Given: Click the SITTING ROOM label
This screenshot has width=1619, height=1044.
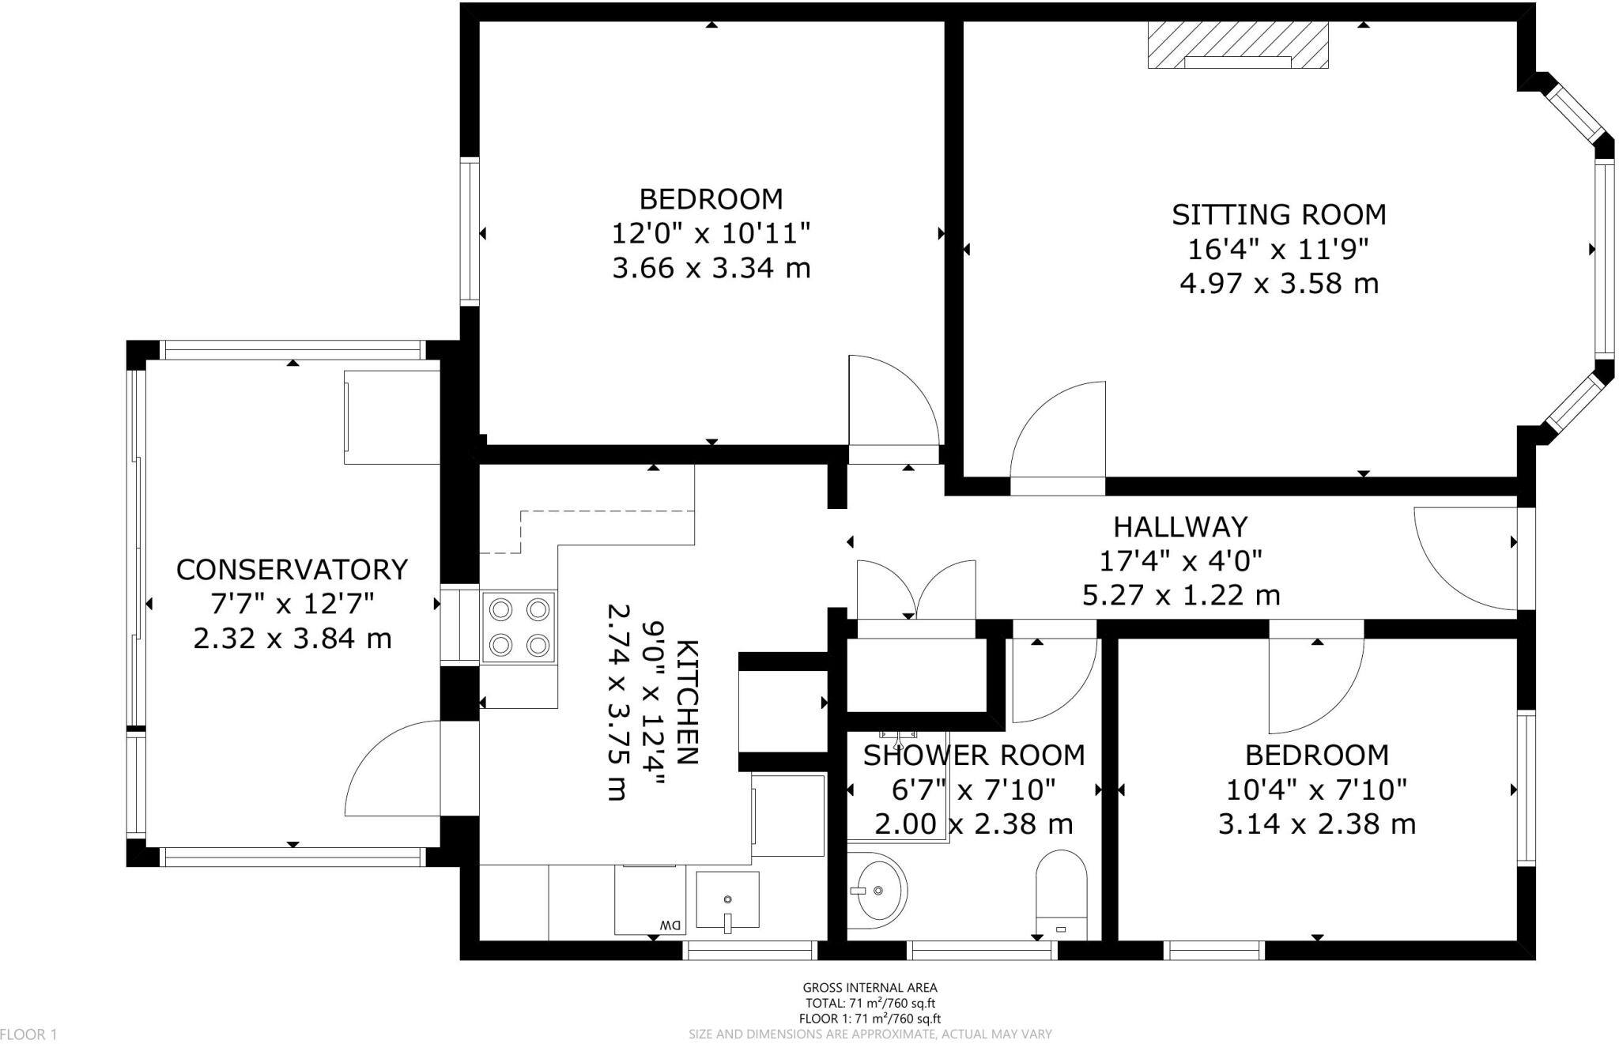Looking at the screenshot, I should tap(1278, 215).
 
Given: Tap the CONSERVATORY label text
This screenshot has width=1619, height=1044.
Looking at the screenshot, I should tap(292, 570).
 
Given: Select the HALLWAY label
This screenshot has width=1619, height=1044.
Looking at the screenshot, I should tap(1180, 526).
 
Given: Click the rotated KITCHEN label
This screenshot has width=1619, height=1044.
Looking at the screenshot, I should tap(687, 703).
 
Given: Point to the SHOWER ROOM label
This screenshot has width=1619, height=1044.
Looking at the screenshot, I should tap(973, 756).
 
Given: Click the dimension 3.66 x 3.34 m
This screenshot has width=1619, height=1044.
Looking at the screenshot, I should tap(711, 268).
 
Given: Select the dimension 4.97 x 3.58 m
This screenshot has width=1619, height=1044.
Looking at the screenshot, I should tap(1278, 283).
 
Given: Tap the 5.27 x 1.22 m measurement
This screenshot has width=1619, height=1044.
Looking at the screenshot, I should tap(1180, 595).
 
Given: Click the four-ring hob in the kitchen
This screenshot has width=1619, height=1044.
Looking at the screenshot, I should tap(519, 627).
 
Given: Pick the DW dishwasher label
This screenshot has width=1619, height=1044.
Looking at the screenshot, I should tap(670, 925).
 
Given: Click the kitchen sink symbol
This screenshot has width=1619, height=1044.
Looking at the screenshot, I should tap(727, 901).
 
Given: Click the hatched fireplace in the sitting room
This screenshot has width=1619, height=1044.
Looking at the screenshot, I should tap(1238, 45).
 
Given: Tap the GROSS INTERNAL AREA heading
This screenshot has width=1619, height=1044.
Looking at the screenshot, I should tap(870, 987).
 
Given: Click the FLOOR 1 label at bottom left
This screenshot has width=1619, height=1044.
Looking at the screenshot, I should tap(29, 1034).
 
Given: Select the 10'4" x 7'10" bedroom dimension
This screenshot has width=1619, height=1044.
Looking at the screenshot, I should tap(1316, 790).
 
